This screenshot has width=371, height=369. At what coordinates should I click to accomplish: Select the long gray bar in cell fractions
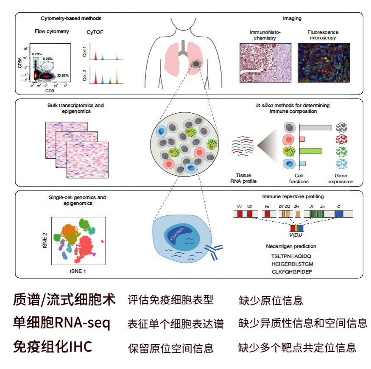point(315,127)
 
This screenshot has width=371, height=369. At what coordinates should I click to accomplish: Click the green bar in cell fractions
point(311,151)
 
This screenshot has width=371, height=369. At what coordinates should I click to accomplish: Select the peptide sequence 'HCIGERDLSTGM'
point(293,264)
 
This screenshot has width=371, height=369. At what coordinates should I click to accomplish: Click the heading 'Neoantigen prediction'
point(292,246)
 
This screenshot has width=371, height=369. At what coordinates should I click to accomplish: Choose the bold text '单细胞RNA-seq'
point(61,323)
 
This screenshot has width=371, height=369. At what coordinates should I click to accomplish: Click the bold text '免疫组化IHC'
point(53,347)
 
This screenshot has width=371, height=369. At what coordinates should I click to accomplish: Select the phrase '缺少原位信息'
point(271,301)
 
